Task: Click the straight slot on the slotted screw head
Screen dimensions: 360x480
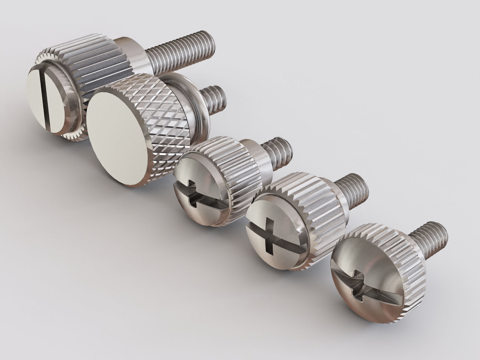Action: pos(45,99)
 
